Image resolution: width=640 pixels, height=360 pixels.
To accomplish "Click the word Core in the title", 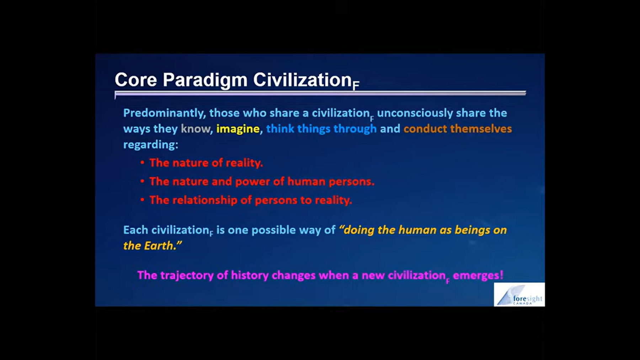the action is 135,80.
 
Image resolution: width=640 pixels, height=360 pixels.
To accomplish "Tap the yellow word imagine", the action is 238,129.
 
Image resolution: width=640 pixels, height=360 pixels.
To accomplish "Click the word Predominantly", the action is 164,113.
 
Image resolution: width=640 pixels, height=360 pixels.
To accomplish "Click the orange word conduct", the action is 425,129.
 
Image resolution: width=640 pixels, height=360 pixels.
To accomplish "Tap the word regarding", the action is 150,145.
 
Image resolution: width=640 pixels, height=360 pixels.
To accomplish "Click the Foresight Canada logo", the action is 519,295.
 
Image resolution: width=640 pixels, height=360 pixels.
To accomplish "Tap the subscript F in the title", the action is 356,86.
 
